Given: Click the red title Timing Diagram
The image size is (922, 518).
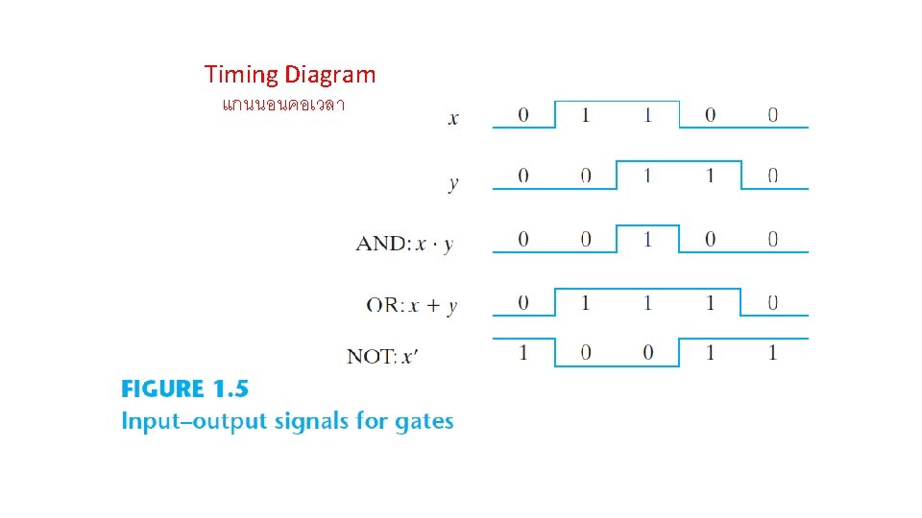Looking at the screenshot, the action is [x=290, y=75].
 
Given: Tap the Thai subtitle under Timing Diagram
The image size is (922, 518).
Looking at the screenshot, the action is [x=282, y=104].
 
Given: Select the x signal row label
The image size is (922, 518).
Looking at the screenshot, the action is [x=453, y=119].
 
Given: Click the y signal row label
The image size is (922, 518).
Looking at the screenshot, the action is [x=453, y=182].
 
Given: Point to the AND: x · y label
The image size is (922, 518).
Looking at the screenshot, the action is [x=404, y=243].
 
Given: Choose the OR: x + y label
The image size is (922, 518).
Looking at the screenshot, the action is [x=412, y=305].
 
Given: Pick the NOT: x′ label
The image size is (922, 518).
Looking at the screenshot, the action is [x=383, y=356].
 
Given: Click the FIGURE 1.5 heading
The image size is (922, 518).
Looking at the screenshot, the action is [x=184, y=389].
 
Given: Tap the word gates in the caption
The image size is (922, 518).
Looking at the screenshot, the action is [x=424, y=421].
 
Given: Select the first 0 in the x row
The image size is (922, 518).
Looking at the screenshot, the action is [x=522, y=115].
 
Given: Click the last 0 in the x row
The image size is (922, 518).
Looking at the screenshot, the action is [x=773, y=115].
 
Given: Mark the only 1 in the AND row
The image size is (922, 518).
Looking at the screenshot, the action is [x=647, y=240].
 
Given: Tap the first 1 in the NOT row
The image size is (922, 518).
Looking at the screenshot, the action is [x=522, y=353].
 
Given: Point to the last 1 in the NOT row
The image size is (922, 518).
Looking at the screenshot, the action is [x=773, y=353].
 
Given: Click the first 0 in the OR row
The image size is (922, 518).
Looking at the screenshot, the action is [x=522, y=303].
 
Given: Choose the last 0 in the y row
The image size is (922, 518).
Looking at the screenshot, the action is [x=773, y=177].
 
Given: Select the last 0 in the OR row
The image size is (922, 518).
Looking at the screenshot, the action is [x=773, y=303].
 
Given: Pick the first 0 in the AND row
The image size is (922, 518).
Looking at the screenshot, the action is [x=522, y=240].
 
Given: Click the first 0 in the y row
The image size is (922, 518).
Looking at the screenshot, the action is [x=522, y=177].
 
